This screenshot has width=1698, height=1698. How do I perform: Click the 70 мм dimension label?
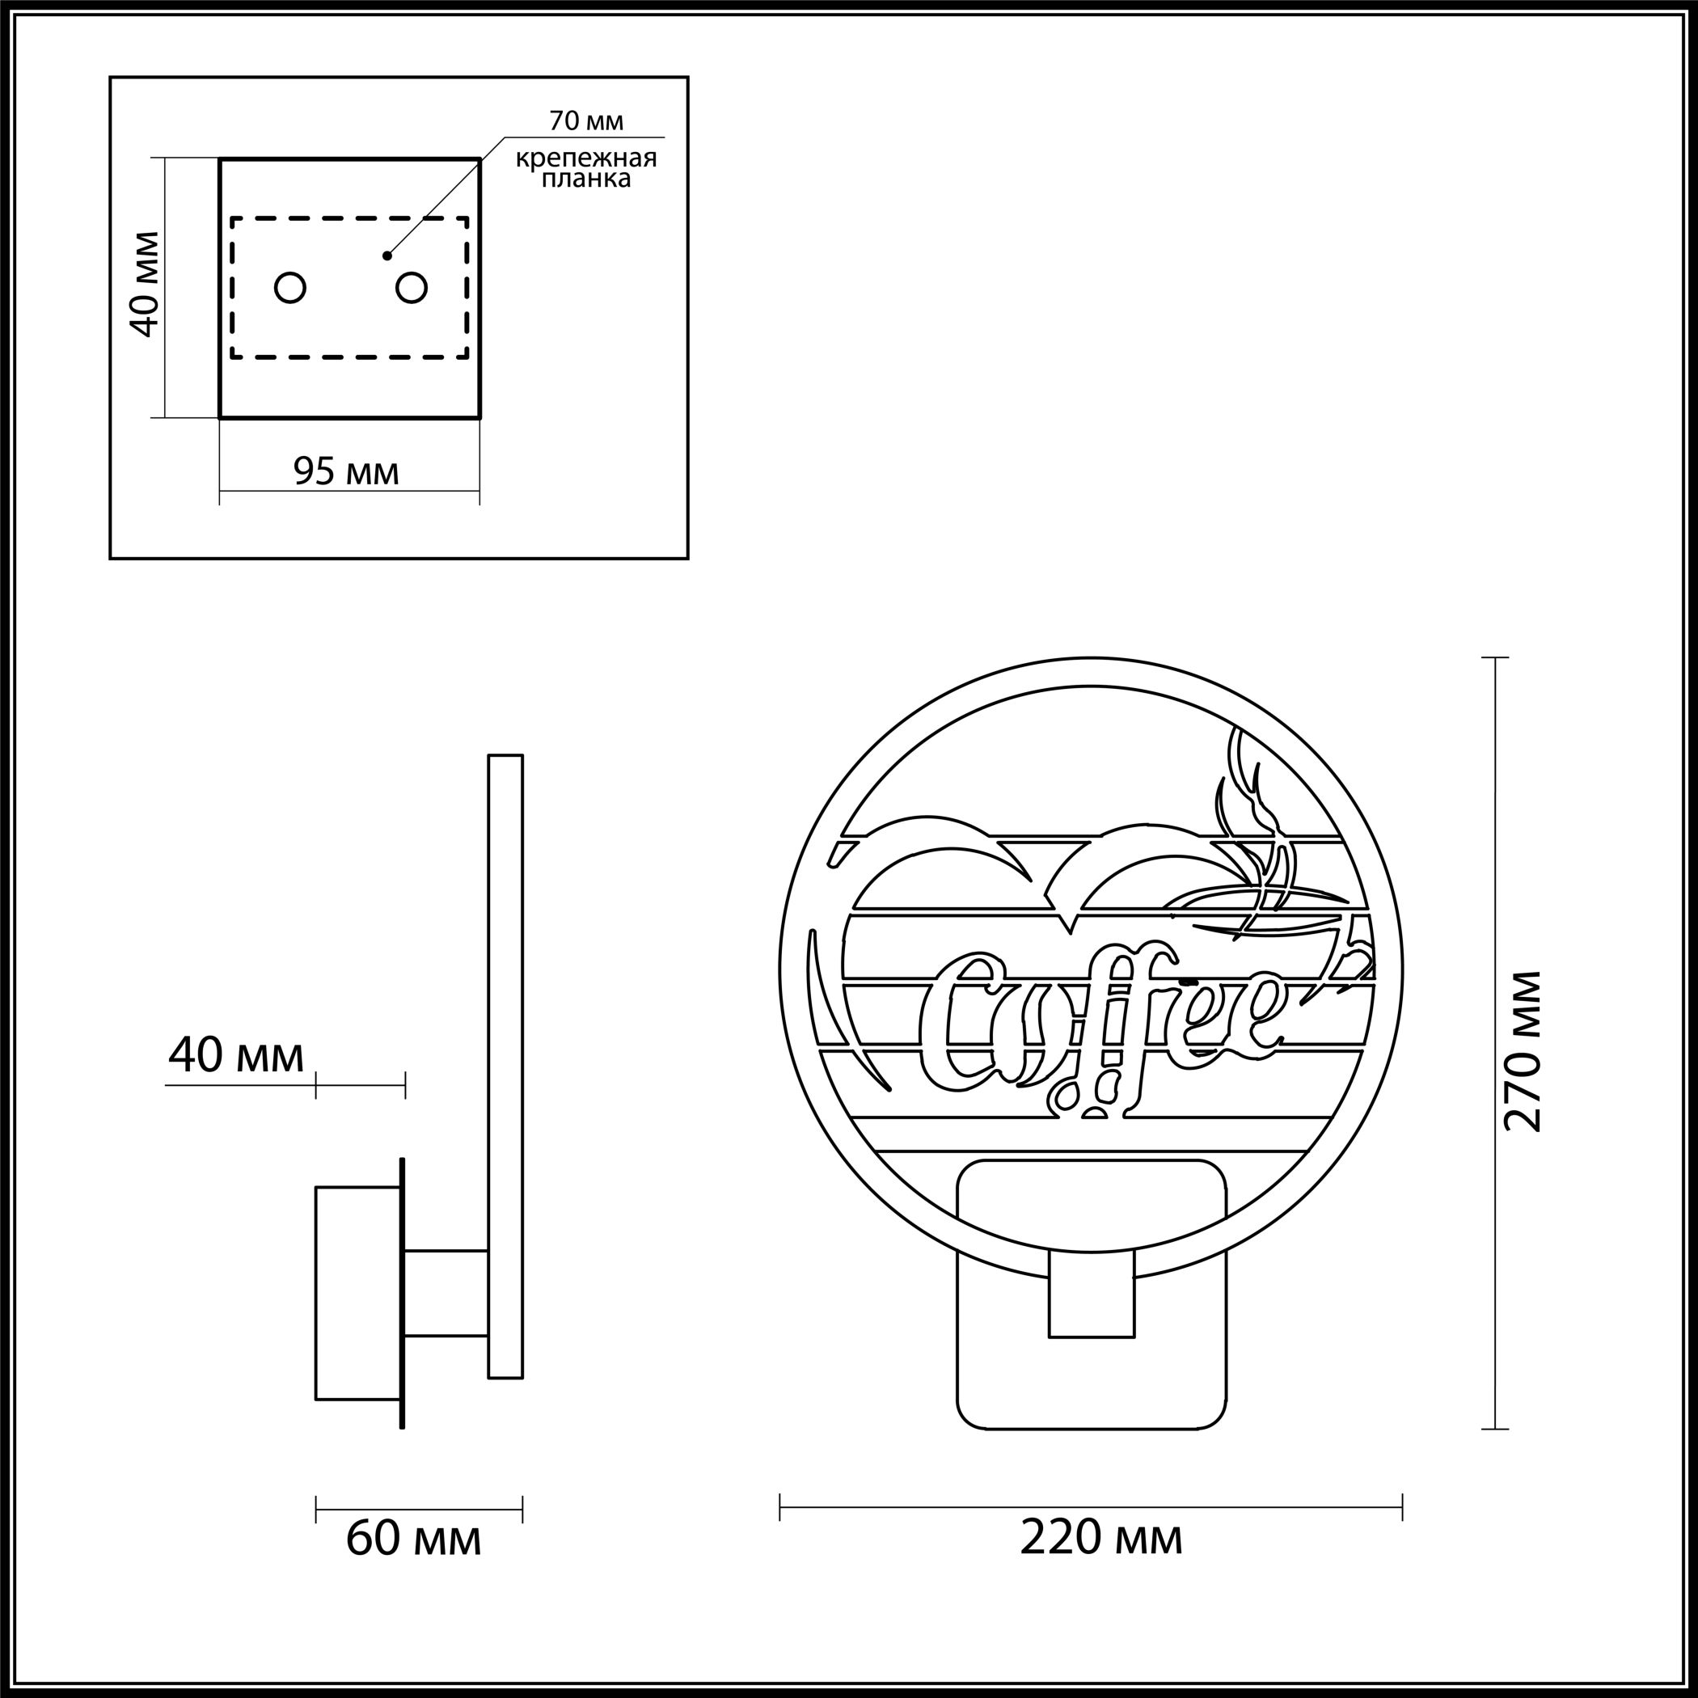(586, 120)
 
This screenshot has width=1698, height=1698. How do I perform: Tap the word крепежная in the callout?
(586, 158)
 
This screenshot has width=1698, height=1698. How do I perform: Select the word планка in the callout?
(586, 180)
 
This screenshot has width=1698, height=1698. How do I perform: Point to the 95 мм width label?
(346, 472)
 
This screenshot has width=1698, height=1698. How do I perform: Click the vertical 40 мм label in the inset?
(145, 284)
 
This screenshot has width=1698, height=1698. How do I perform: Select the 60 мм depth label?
(413, 1539)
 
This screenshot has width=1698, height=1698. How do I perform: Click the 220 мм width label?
(1101, 1538)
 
